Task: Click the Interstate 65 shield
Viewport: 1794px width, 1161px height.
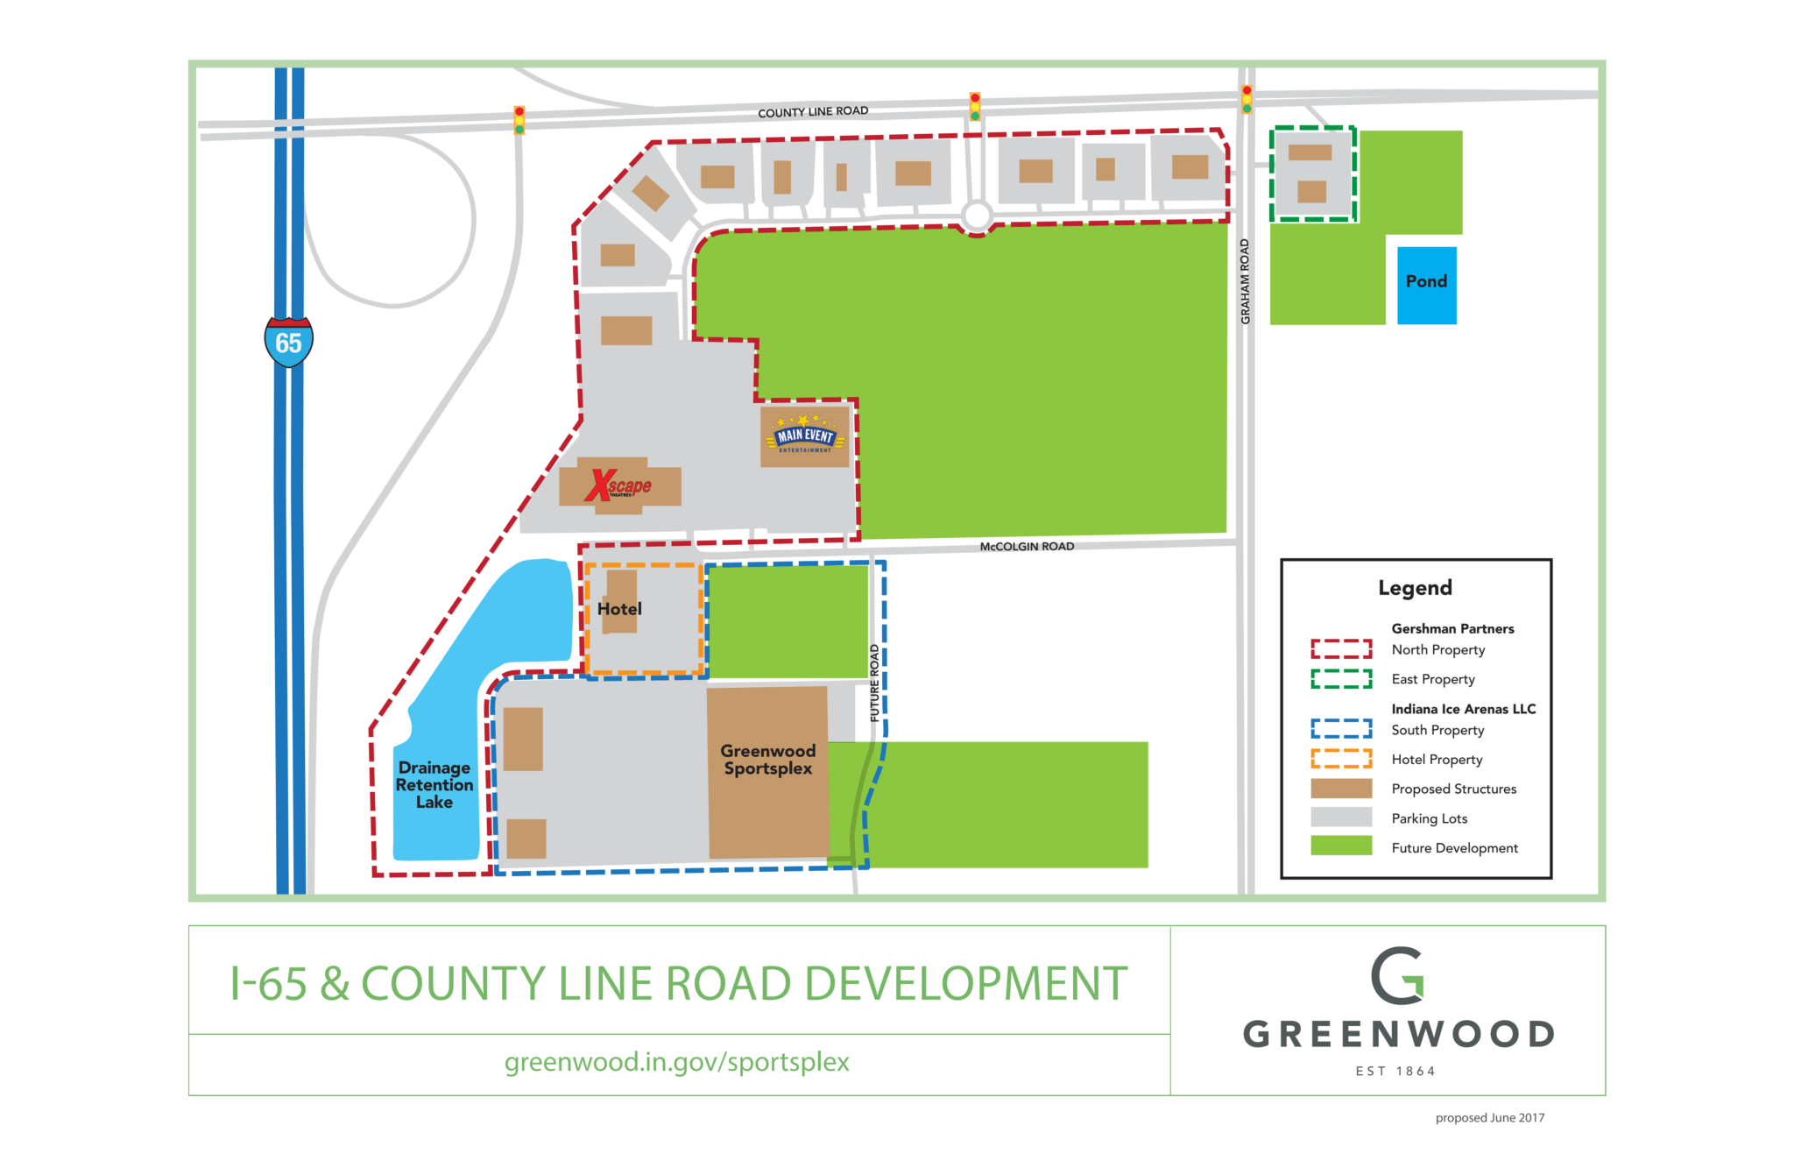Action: (288, 342)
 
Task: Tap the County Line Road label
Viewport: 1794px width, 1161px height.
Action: (813, 112)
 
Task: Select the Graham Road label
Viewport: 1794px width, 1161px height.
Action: (1245, 281)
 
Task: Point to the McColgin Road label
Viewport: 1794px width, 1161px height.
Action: (1027, 547)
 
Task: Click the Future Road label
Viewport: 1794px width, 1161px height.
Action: (874, 683)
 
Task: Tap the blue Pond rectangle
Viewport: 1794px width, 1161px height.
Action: (1426, 285)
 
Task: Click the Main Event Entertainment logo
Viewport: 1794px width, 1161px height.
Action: (805, 435)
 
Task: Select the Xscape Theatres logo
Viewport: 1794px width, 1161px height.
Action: (619, 485)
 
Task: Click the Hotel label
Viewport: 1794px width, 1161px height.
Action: (619, 609)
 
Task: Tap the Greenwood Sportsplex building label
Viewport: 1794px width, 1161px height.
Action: (767, 760)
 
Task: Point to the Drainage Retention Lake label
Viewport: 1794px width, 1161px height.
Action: (434, 785)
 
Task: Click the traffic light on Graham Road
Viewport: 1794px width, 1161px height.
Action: (1247, 99)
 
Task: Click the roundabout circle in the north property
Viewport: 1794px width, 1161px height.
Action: (977, 215)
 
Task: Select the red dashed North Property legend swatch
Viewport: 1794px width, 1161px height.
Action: (1341, 648)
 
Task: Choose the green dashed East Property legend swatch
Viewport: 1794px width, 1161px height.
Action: (1341, 679)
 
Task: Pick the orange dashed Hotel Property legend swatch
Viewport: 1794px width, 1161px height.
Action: (1341, 759)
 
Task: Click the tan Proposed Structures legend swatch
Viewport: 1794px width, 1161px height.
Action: (1341, 789)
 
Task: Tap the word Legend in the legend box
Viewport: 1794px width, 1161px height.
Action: (1415, 588)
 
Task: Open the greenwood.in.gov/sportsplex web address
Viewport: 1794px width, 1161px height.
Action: (677, 1062)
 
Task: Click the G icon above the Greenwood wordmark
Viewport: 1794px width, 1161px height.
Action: (1398, 975)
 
